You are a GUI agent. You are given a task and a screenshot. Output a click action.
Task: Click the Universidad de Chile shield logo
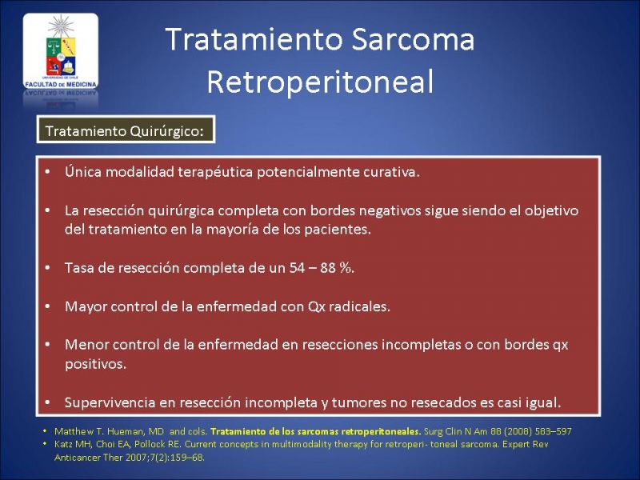[61, 51]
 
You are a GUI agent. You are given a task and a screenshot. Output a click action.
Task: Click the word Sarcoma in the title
[412, 39]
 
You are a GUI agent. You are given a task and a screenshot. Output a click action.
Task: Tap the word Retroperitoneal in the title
[320, 82]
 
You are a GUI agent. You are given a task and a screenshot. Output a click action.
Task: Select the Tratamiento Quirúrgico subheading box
[126, 130]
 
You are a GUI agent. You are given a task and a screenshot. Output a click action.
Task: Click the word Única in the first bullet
[83, 171]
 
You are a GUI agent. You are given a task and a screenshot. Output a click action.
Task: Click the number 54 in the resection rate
[297, 268]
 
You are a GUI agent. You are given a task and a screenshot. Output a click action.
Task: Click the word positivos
[95, 364]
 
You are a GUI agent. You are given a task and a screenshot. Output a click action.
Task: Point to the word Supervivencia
[110, 402]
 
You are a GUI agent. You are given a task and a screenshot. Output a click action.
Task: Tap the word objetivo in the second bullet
[551, 210]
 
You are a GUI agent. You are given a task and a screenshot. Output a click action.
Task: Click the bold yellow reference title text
[315, 431]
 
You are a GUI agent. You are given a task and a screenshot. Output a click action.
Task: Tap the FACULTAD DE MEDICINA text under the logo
[61, 85]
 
